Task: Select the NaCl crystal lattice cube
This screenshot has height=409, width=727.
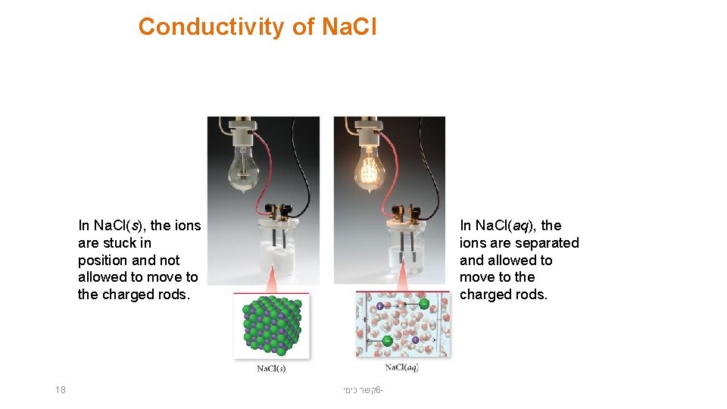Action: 271,326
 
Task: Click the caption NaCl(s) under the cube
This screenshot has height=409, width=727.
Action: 271,369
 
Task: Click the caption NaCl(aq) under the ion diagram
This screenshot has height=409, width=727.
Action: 401,367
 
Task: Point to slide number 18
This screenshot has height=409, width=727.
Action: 61,390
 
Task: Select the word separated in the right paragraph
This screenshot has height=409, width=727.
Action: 547,243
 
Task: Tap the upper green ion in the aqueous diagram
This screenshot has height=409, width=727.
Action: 423,304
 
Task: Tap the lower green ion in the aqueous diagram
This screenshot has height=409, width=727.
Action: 388,341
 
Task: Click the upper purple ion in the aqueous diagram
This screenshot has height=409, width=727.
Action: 379,306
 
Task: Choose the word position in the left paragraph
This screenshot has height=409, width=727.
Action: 104,261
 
